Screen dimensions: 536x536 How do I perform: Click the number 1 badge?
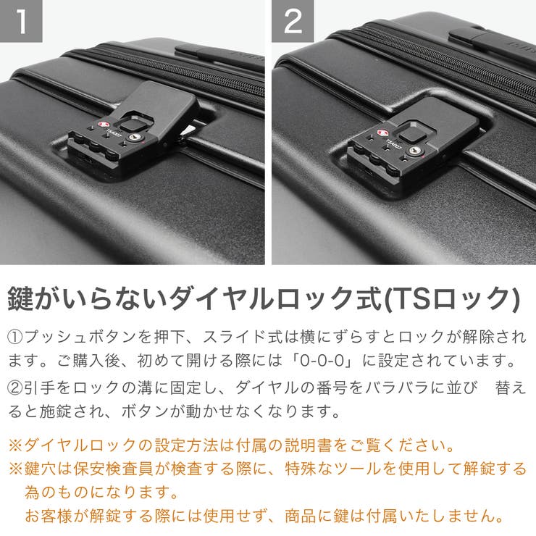point(22,22)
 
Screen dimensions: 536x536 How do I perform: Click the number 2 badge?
point(293,22)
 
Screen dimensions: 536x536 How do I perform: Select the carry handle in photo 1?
point(217,56)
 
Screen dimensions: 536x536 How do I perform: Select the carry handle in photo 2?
point(493,40)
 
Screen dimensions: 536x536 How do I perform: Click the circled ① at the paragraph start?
point(16,338)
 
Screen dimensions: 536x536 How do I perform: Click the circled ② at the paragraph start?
point(16,388)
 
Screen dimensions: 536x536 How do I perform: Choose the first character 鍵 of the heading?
point(22,298)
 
